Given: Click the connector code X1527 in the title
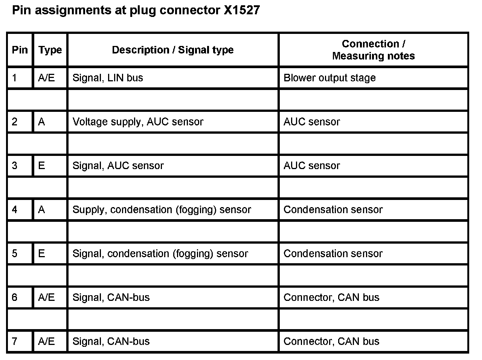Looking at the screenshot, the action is (x=241, y=10).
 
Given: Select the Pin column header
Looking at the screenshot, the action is (x=20, y=50).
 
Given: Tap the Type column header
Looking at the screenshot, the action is (x=50, y=50).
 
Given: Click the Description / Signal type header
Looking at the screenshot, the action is (x=172, y=50).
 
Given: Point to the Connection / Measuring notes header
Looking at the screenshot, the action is (x=373, y=50).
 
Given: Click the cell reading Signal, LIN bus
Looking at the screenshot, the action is (x=108, y=78).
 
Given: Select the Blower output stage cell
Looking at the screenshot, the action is (x=329, y=78).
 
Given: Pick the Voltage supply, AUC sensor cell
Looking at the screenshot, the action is (x=138, y=122).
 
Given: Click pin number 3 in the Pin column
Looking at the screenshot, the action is (x=15, y=166).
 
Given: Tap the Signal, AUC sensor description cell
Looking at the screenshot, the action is (x=118, y=166).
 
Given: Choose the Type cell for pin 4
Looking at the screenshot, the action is (x=41, y=210).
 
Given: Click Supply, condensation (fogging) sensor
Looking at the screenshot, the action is (x=162, y=210).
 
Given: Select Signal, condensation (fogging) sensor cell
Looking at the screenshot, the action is (x=160, y=254).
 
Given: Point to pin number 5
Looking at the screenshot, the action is (x=15, y=254).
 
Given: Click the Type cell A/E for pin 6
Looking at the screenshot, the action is (x=46, y=297).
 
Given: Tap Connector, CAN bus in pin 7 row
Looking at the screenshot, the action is (x=331, y=342).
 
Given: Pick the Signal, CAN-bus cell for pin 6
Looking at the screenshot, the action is (x=111, y=297).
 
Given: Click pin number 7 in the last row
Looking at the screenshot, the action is (x=15, y=342).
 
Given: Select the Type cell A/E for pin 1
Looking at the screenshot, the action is (x=46, y=78).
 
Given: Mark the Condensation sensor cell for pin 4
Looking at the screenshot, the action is (x=333, y=210).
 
